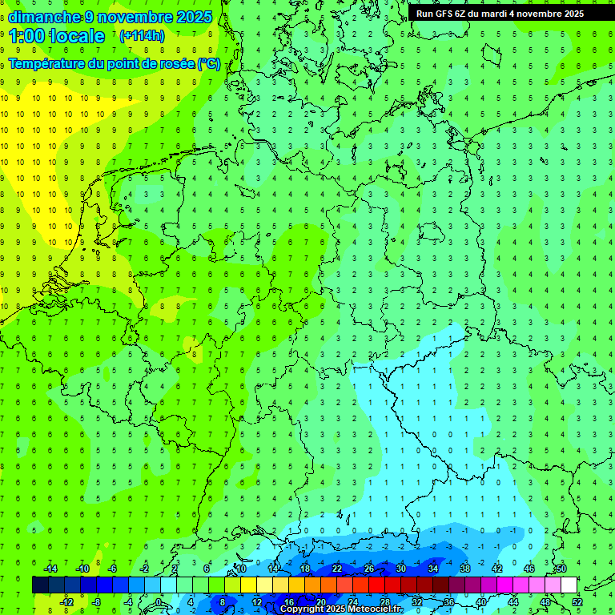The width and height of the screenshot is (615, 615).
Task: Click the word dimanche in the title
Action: coord(45,17)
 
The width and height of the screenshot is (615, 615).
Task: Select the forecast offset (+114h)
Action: coord(142,36)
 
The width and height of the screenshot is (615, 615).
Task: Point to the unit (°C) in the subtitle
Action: coord(209,64)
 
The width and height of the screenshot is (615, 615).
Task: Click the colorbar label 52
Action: coord(577,602)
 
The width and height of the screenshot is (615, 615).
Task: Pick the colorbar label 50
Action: coord(561,569)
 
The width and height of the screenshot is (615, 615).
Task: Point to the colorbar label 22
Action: coord(337,569)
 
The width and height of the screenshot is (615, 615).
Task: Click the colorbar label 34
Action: coord(433,569)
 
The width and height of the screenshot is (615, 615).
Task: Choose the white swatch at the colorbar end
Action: coord(569,585)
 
